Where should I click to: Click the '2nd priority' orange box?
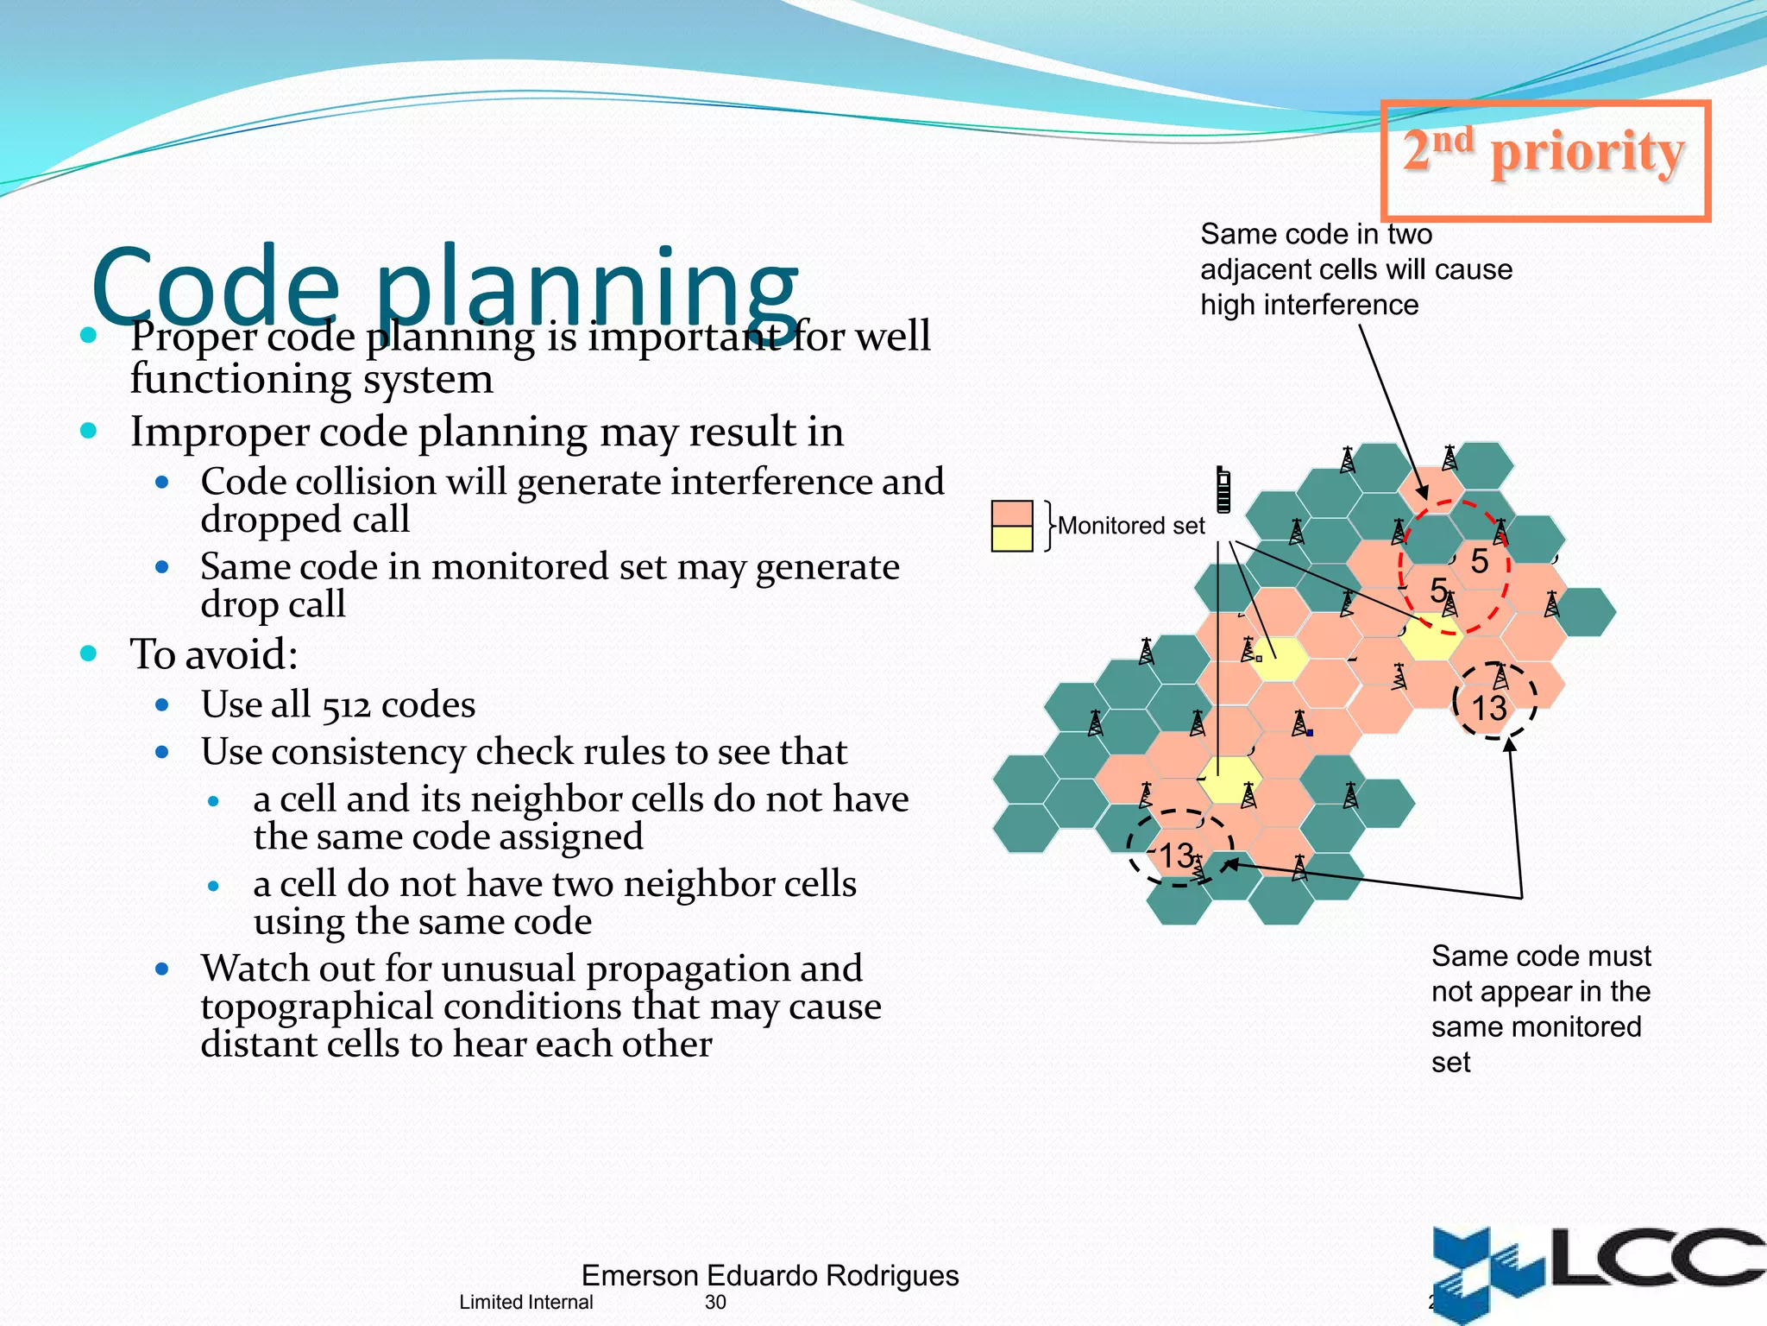click(x=1544, y=160)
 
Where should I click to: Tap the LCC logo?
click(x=1596, y=1269)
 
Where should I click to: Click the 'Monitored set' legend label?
click(x=1130, y=526)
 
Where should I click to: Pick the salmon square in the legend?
click(x=1012, y=513)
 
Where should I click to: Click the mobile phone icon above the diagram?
click(x=1223, y=489)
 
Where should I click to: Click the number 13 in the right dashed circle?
click(x=1488, y=709)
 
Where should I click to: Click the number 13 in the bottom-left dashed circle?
click(x=1176, y=856)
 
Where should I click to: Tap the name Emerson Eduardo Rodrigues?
click(x=770, y=1275)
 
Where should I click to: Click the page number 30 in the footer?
click(x=715, y=1302)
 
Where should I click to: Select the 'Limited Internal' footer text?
click(x=525, y=1302)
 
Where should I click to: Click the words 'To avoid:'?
click(x=214, y=654)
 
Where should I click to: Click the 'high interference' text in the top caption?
click(x=1309, y=305)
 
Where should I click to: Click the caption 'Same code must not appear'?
click(x=1540, y=974)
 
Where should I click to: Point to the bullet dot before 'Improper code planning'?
click(x=88, y=430)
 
